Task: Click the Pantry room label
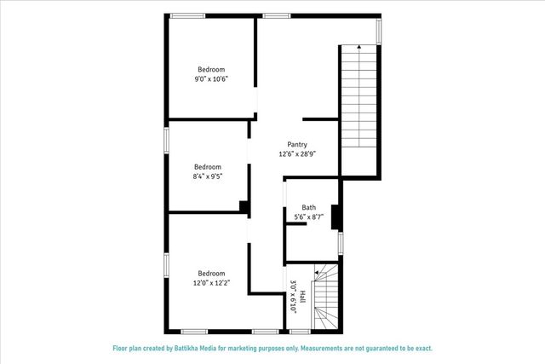click(x=297, y=145)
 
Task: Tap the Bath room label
click(x=308, y=208)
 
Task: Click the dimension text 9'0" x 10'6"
click(x=211, y=79)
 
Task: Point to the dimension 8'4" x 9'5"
click(x=207, y=177)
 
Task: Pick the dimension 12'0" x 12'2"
click(x=211, y=283)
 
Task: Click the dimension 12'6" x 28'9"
click(x=297, y=154)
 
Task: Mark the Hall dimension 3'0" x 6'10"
click(x=293, y=297)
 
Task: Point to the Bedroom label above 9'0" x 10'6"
click(x=211, y=69)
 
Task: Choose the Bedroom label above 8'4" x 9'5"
click(x=207, y=167)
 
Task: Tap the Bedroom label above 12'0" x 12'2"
click(x=211, y=273)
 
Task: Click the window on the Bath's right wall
click(x=340, y=243)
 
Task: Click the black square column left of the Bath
click(x=244, y=207)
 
